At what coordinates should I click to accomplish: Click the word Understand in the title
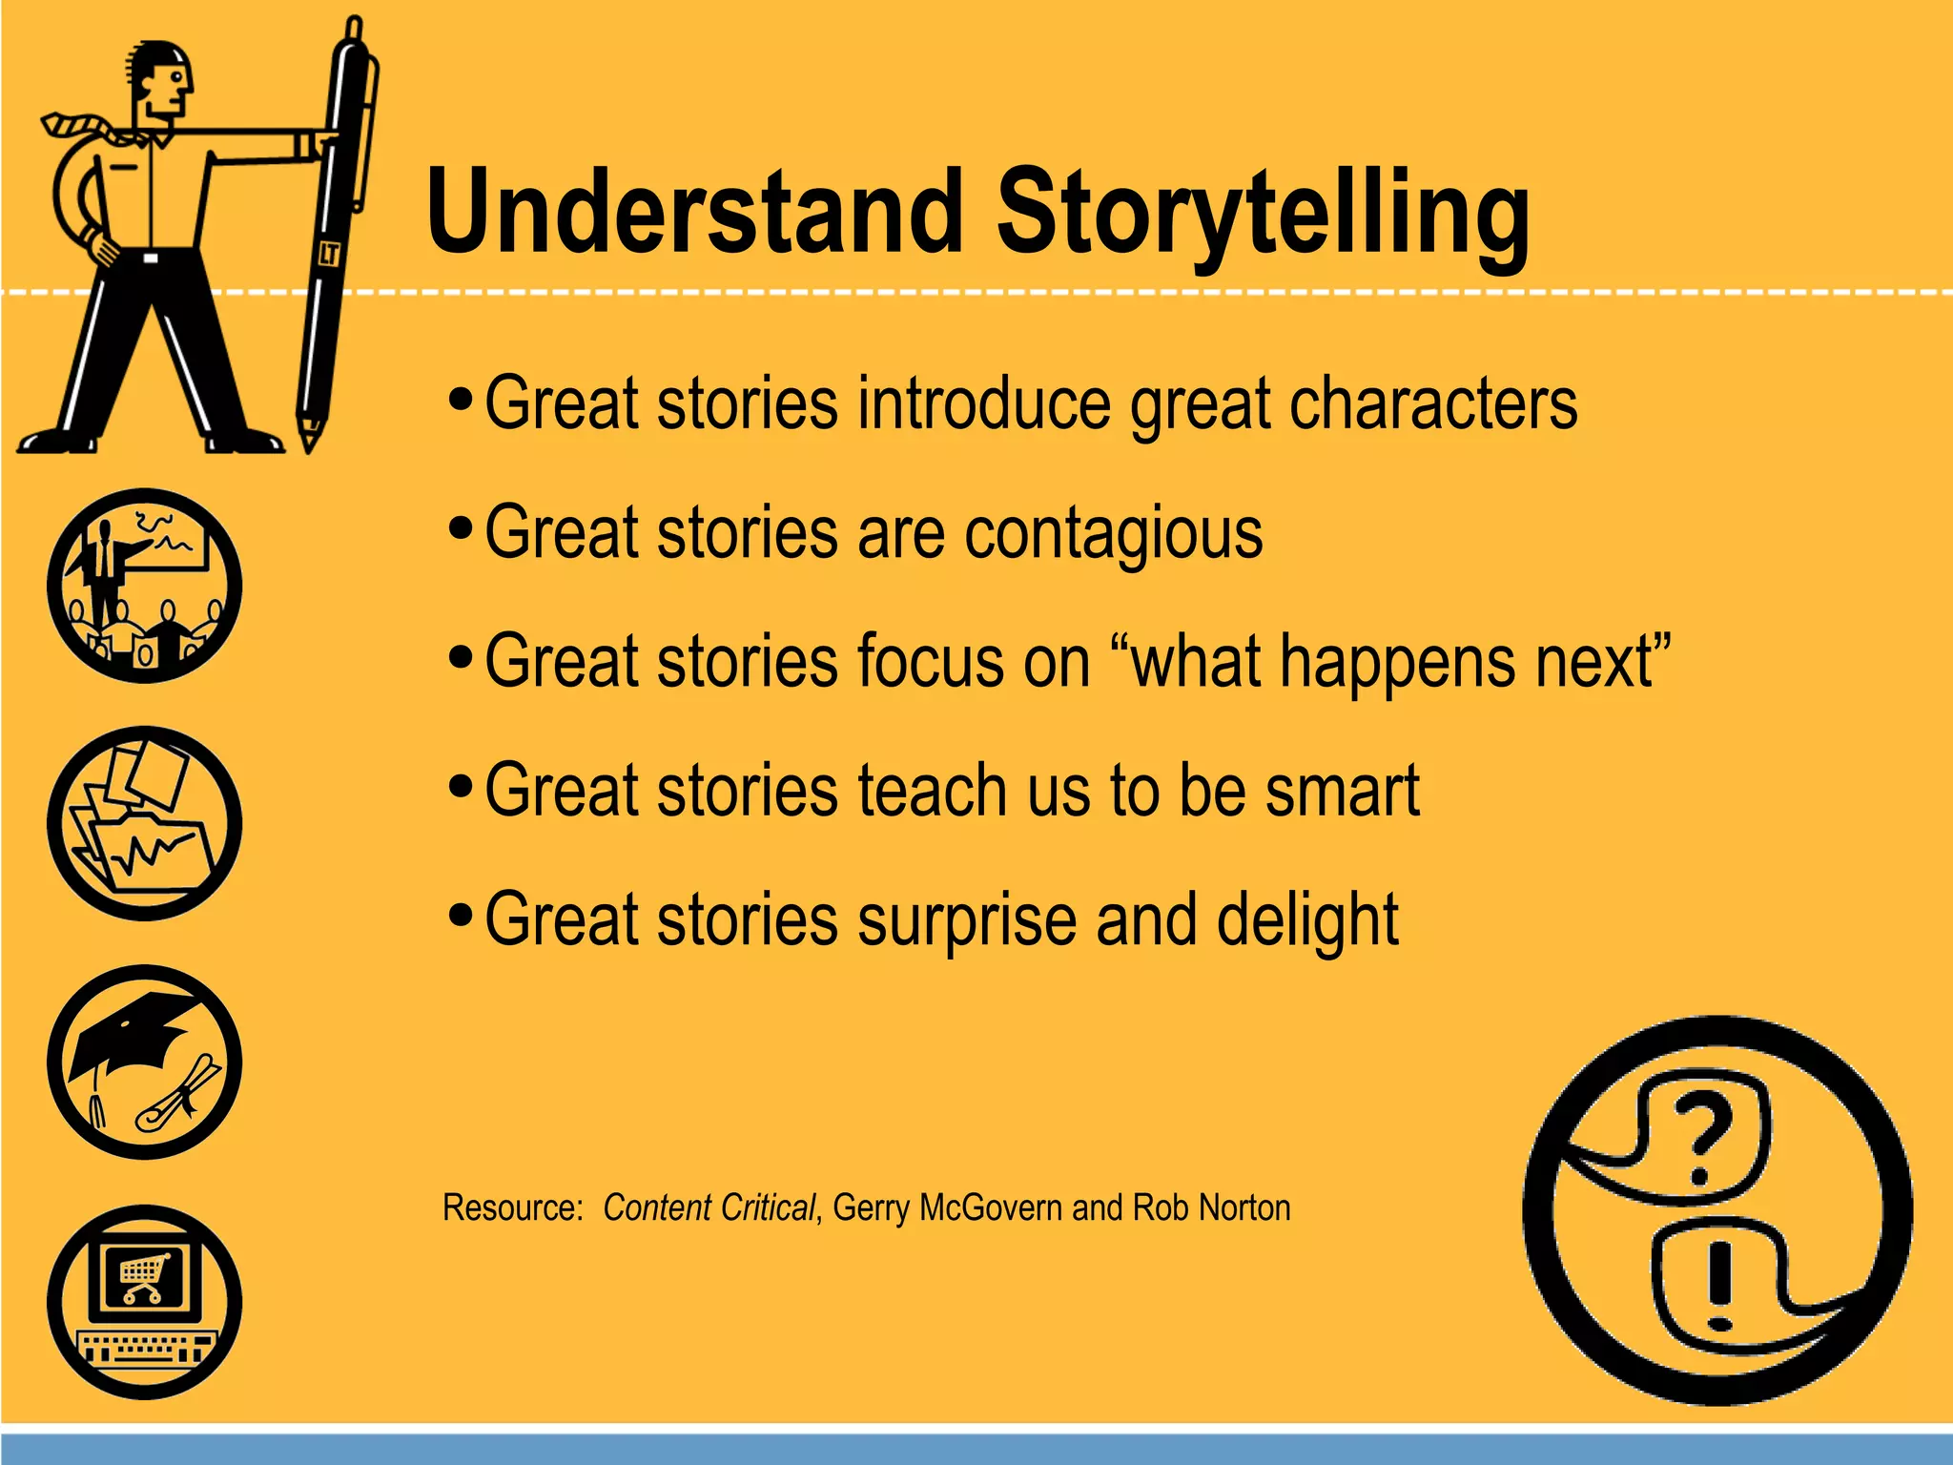coord(694,212)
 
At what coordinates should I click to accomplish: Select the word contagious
coord(1113,533)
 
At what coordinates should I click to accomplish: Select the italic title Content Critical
coord(709,1207)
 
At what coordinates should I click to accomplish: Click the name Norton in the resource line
coord(1244,1207)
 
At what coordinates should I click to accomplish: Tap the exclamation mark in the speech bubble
coord(1719,1284)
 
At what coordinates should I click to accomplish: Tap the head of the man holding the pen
coord(162,81)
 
